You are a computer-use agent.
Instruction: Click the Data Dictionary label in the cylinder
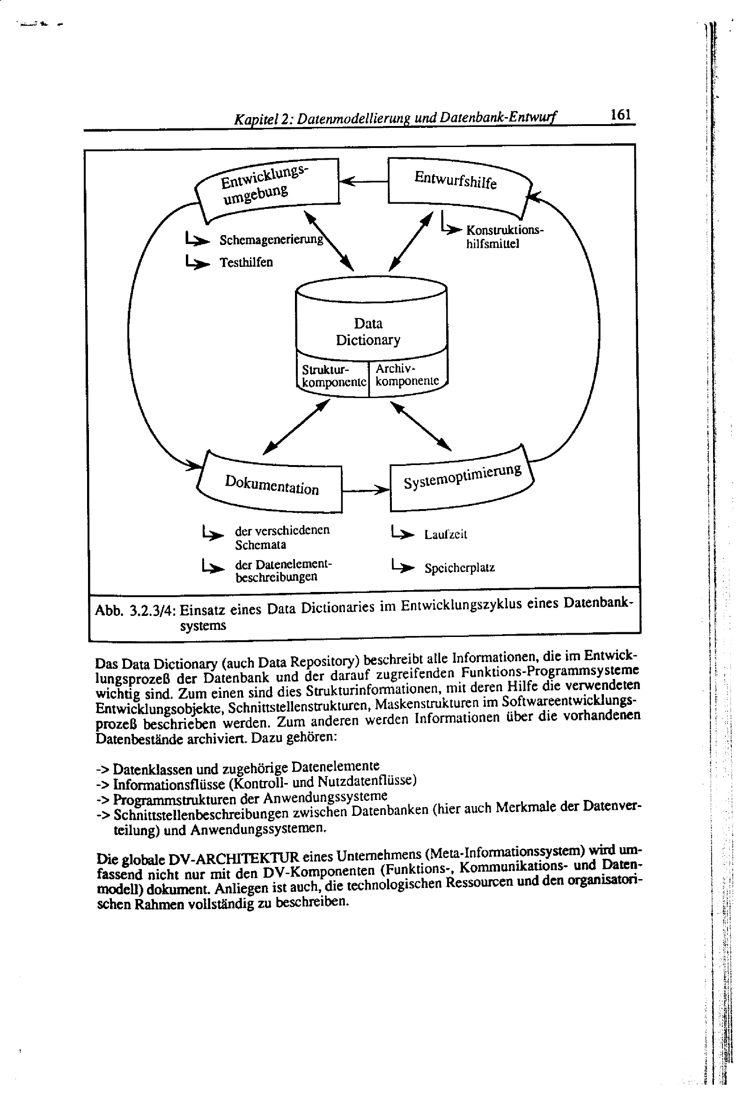click(x=368, y=331)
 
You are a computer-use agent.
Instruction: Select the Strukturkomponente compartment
click(x=333, y=376)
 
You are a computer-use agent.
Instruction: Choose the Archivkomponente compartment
click(x=407, y=375)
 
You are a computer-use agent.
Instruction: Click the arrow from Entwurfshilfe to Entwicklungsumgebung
click(x=363, y=181)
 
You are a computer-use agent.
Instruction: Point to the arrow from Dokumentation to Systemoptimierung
click(x=366, y=490)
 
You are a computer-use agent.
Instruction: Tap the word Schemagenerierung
click(x=272, y=240)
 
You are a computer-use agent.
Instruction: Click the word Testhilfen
click(x=246, y=262)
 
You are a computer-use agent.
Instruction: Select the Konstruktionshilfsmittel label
click(x=504, y=237)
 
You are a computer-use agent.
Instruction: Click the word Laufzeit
click(x=445, y=534)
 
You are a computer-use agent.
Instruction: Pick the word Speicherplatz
click(x=459, y=568)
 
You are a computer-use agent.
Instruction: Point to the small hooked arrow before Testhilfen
click(x=197, y=262)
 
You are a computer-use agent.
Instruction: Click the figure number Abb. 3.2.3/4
click(x=135, y=611)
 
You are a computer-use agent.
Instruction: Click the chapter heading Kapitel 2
click(x=262, y=120)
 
